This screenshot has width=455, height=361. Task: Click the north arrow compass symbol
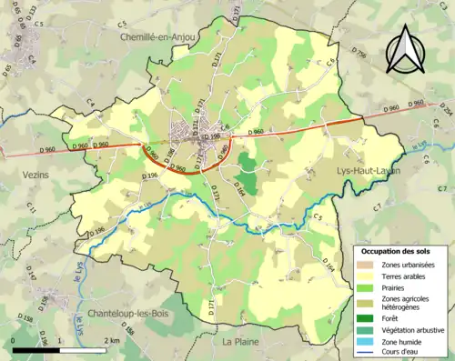403,49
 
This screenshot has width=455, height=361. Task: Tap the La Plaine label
241,341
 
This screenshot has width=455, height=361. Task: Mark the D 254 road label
445,110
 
